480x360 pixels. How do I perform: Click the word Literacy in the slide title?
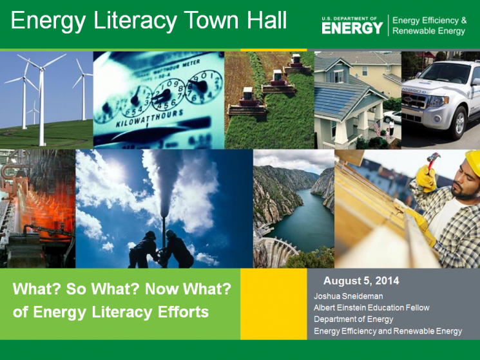(135, 21)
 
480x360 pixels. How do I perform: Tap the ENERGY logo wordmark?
(352, 28)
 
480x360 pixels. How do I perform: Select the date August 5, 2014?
(361, 281)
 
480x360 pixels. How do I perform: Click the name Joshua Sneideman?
(349, 296)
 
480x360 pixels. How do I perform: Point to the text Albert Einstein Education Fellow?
(372, 308)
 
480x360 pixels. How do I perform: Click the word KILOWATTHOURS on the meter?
(149, 118)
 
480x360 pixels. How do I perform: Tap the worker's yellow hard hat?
(473, 162)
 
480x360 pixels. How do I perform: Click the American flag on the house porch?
(378, 128)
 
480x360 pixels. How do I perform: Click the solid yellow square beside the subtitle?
(274, 304)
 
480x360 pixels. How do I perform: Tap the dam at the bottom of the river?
(276, 251)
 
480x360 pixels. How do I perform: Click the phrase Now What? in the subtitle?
(188, 289)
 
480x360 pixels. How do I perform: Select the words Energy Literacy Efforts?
(121, 312)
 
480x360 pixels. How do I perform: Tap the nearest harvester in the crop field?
(247, 102)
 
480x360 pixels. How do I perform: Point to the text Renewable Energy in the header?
(429, 31)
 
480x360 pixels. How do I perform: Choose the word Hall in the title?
(267, 20)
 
